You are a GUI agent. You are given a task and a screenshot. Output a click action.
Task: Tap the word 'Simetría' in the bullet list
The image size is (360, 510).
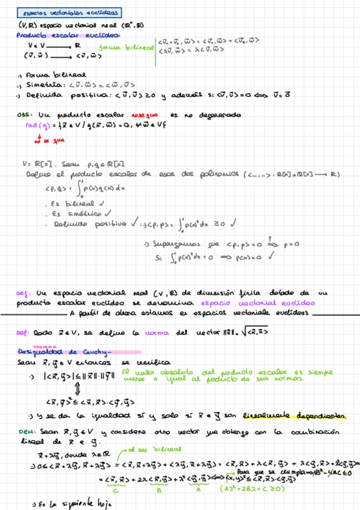coord(40,85)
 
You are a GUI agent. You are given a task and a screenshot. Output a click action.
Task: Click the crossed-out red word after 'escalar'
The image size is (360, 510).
coord(144,114)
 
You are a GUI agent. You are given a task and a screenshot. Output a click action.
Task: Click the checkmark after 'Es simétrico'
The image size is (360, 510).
coord(108,212)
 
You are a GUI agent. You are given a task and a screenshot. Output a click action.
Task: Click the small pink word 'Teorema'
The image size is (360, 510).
coord(42,347)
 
